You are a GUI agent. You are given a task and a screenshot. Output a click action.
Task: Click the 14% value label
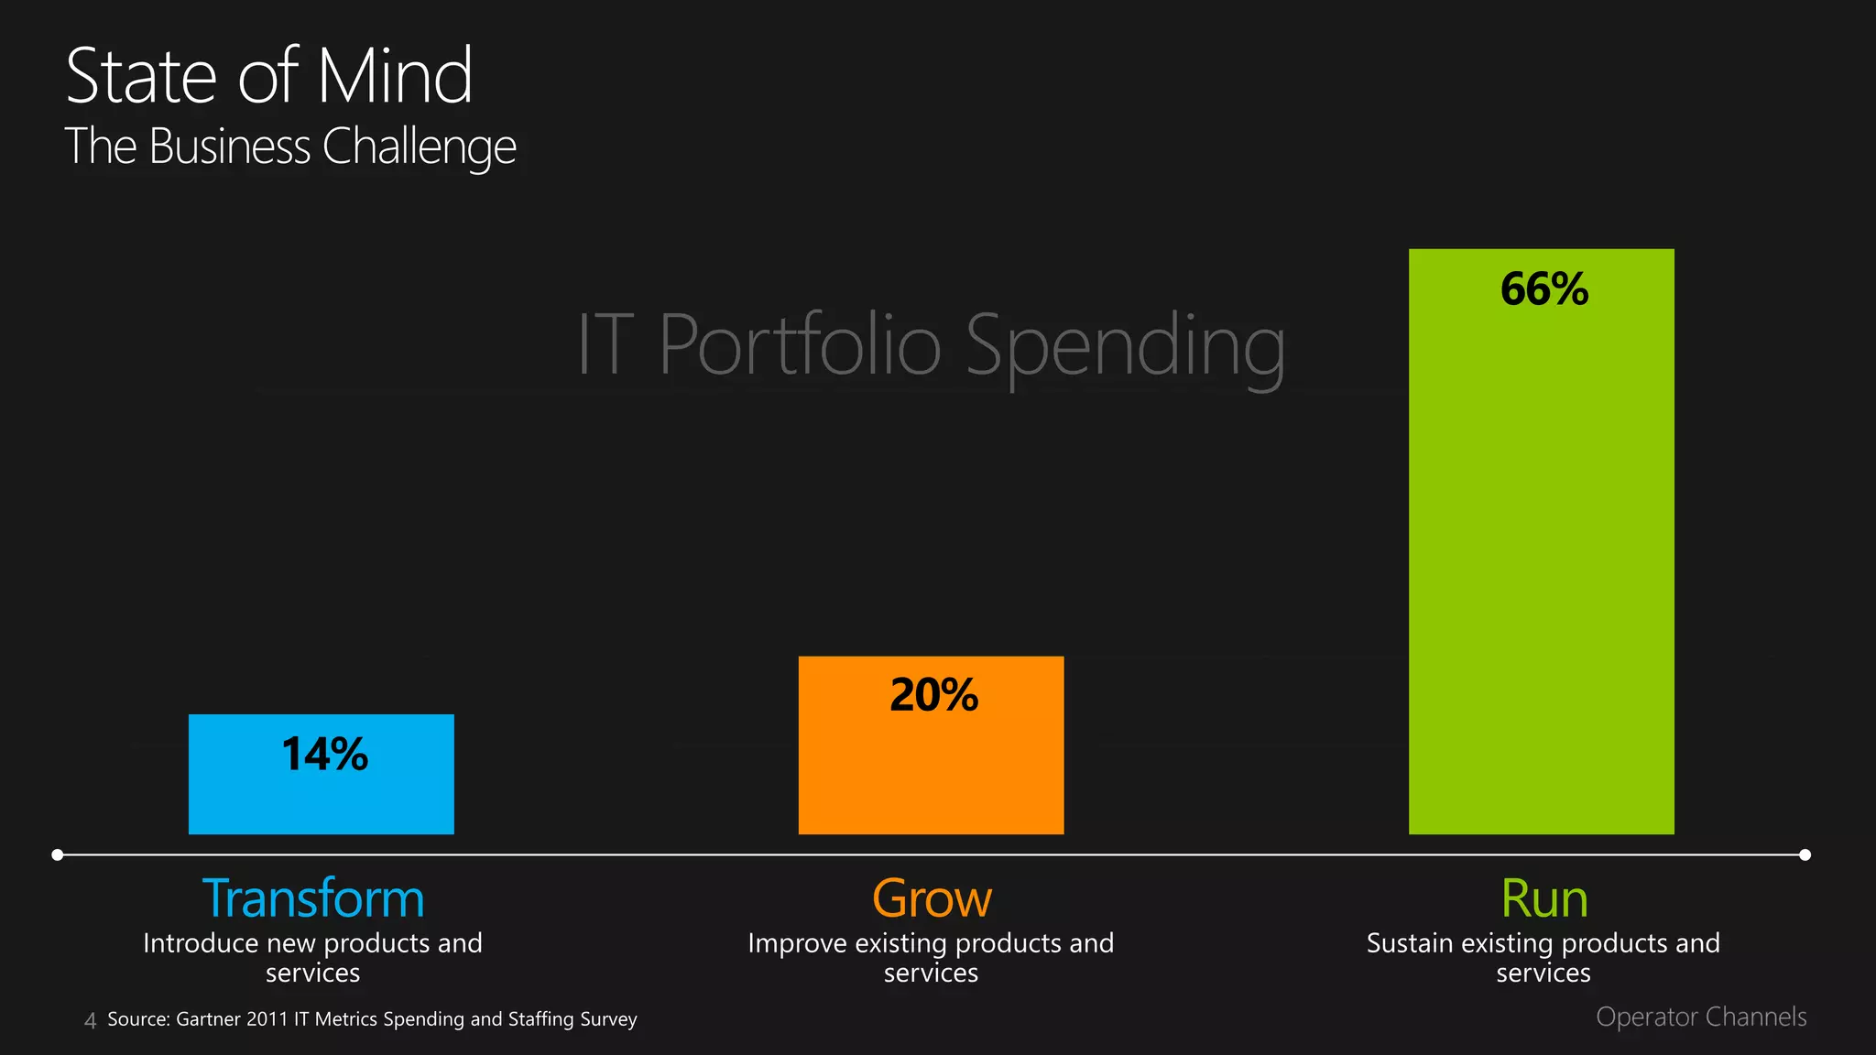tap(325, 755)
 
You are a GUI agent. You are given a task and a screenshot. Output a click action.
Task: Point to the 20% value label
tap(934, 695)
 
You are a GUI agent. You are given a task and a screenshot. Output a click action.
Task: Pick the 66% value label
tap(1544, 289)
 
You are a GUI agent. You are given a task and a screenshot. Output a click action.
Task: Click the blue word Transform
tap(313, 898)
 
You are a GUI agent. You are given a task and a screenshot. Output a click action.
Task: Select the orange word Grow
tap(932, 898)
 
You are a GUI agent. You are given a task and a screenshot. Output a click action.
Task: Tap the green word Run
tap(1544, 898)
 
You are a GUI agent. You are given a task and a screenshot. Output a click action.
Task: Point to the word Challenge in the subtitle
tap(420, 147)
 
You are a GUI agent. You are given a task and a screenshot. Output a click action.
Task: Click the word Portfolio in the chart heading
tap(800, 345)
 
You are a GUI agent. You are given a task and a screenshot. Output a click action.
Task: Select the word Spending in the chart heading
tap(1125, 347)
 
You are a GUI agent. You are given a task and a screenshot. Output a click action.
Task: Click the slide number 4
tap(90, 1020)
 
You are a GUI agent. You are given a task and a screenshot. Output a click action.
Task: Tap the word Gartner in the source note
tap(208, 1019)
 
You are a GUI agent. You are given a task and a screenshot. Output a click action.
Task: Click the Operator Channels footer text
tap(1701, 1017)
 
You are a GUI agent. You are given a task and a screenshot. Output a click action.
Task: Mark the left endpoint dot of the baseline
tap(58, 854)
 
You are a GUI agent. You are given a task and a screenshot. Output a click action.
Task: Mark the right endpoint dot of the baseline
tap(1805, 854)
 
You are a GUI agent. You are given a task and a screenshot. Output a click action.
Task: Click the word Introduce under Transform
tap(200, 943)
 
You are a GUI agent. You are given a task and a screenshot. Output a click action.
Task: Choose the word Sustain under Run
tap(1410, 943)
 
